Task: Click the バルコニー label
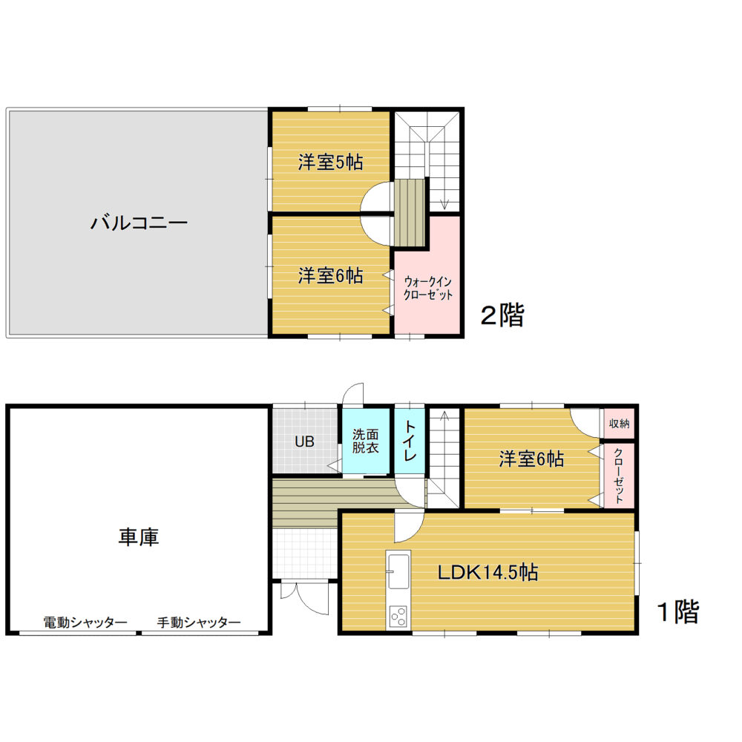click(x=139, y=223)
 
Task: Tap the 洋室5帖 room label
click(x=330, y=162)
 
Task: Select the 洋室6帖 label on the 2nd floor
click(x=330, y=276)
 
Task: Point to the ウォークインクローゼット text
click(x=428, y=289)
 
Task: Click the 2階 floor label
click(x=502, y=315)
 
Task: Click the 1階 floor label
click(x=679, y=612)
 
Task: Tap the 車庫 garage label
click(x=139, y=537)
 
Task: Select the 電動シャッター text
click(x=85, y=623)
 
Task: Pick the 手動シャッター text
click(x=199, y=623)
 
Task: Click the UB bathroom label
click(x=304, y=442)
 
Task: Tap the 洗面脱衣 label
click(x=365, y=441)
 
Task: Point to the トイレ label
click(x=410, y=441)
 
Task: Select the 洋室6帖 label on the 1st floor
click(x=531, y=459)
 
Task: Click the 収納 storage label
click(x=619, y=424)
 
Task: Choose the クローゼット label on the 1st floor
click(x=619, y=476)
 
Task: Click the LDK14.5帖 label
click(x=487, y=573)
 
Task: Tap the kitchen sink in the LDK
click(x=398, y=571)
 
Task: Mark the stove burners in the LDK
click(x=398, y=616)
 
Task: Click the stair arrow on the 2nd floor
click(x=444, y=161)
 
